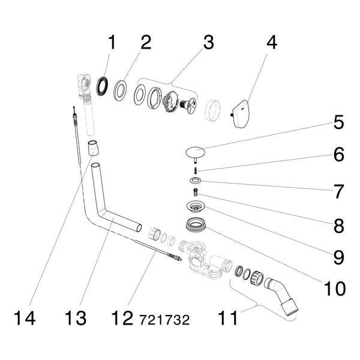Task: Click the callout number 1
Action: (112, 42)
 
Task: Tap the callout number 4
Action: (272, 42)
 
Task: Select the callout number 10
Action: (335, 289)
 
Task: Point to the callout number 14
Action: (25, 318)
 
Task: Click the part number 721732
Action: (164, 320)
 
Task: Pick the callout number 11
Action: (228, 318)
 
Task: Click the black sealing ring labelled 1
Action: (102, 87)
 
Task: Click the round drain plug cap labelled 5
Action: (195, 152)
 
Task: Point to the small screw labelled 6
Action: (196, 171)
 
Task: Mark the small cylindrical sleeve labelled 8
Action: (196, 192)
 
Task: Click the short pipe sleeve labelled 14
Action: (94, 148)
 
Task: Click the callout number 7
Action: (338, 191)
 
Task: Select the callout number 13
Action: (76, 318)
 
